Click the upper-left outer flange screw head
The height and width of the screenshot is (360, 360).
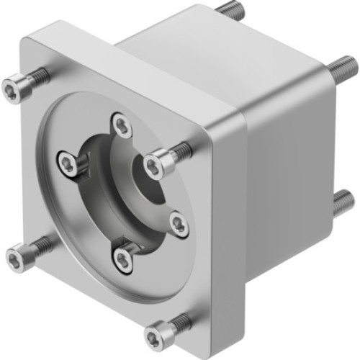15,89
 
